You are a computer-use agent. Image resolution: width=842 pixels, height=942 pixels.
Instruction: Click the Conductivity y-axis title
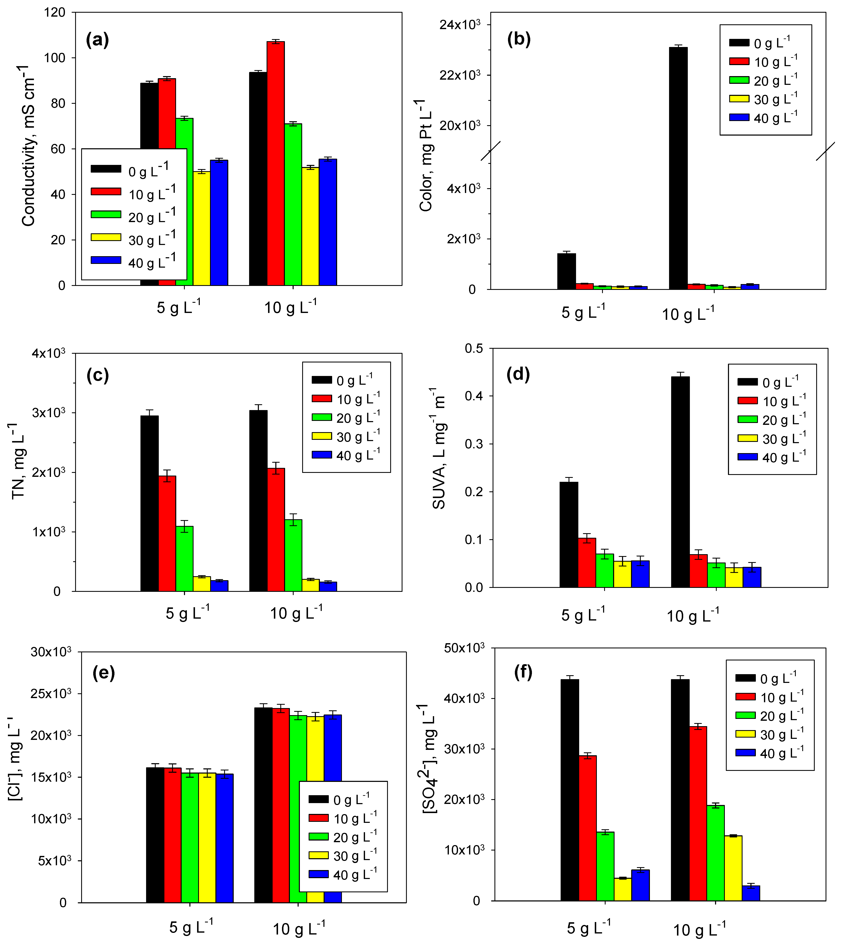pos(29,146)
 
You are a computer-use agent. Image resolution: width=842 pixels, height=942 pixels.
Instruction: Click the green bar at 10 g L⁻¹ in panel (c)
pos(293,555)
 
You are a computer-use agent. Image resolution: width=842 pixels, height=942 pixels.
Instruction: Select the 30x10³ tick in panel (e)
pos(51,652)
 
